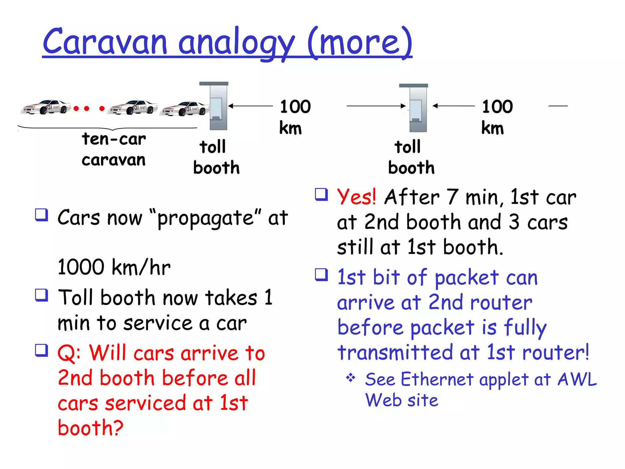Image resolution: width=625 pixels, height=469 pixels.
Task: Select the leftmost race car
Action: [46, 107]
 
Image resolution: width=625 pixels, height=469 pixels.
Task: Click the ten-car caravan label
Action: [114, 149]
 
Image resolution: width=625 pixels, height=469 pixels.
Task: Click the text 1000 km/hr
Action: [114, 267]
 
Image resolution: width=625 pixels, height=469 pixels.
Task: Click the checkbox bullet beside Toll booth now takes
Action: [42, 295]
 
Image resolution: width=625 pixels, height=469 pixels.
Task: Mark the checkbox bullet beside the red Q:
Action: [42, 350]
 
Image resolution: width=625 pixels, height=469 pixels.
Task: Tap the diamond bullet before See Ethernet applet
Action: [351, 378]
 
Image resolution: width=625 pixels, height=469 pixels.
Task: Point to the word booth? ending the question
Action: [90, 428]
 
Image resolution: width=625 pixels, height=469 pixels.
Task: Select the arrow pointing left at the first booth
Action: [250, 106]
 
